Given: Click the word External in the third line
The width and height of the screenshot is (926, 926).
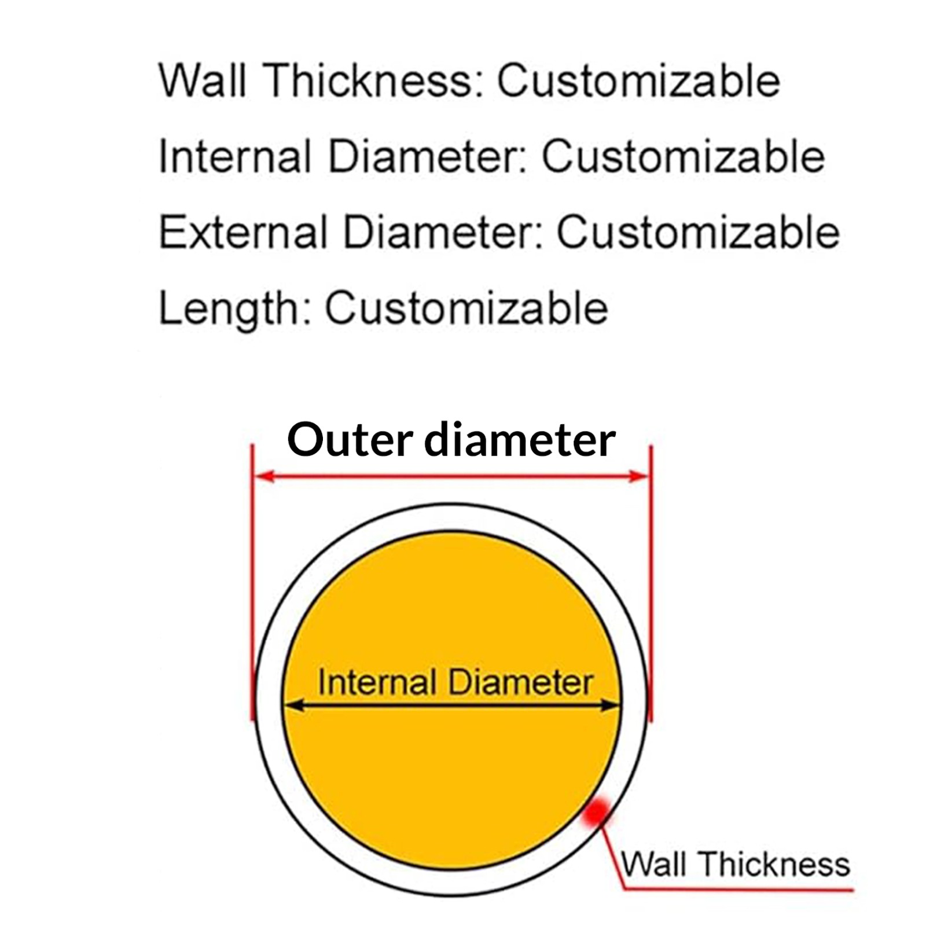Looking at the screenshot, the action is (243, 231).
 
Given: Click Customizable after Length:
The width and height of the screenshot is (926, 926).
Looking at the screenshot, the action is (466, 307).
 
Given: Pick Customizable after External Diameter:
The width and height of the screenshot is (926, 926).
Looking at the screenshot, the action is (698, 231).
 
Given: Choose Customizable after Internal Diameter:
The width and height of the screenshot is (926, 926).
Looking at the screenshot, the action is (683, 156).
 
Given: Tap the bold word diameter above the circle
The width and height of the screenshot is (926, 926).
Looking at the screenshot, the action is (520, 439).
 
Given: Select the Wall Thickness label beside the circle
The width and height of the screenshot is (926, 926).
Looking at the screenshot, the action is (736, 864).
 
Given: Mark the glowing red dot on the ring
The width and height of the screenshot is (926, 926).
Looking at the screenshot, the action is (596, 811).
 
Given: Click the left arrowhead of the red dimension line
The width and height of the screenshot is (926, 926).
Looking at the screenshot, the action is (264, 476).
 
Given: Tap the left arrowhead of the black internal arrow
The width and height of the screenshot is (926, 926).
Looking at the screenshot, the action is (294, 705).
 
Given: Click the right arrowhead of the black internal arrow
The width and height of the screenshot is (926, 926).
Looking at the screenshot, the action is (611, 705).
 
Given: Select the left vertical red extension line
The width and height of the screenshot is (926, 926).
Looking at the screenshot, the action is (252, 582).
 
